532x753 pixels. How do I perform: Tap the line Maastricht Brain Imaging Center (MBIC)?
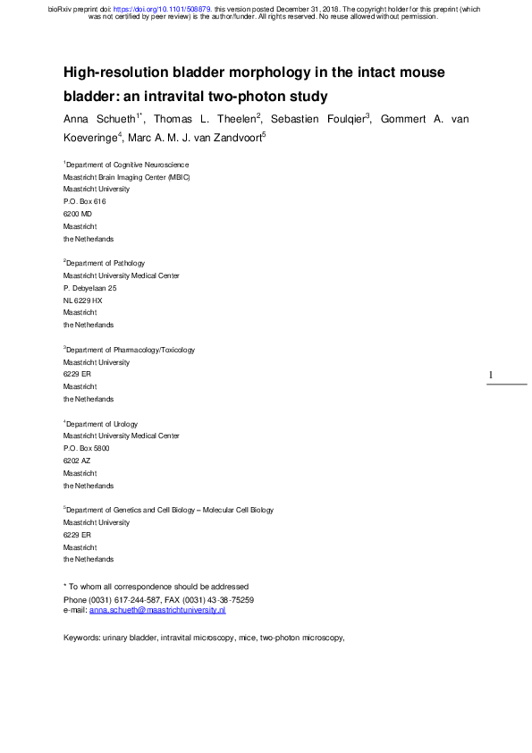pyautogui.click(x=127, y=177)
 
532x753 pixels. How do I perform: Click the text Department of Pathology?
pyautogui.click(x=106, y=264)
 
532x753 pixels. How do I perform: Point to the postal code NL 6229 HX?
pyautogui.click(x=83, y=300)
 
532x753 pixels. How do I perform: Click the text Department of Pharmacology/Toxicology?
pyautogui.click(x=131, y=351)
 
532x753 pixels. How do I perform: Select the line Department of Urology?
pyautogui.click(x=102, y=424)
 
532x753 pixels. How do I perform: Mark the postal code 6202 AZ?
pyautogui.click(x=77, y=461)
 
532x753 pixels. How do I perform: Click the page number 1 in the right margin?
pyautogui.click(x=492, y=376)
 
